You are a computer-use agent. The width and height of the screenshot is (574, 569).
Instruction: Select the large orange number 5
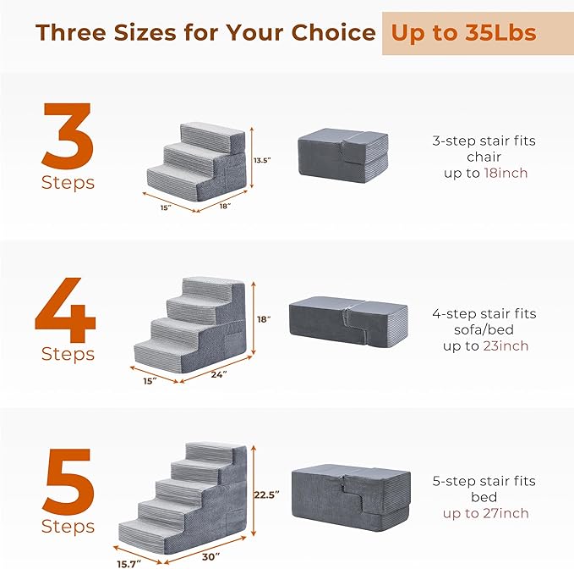[x=67, y=482]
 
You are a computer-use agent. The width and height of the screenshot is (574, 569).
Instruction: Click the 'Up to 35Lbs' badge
[x=462, y=33]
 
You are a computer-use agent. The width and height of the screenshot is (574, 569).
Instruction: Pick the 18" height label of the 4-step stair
[x=264, y=319]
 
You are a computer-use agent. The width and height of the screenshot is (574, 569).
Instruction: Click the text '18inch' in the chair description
[x=507, y=173]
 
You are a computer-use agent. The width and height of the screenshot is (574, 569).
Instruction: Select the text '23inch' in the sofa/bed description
[x=506, y=345]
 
